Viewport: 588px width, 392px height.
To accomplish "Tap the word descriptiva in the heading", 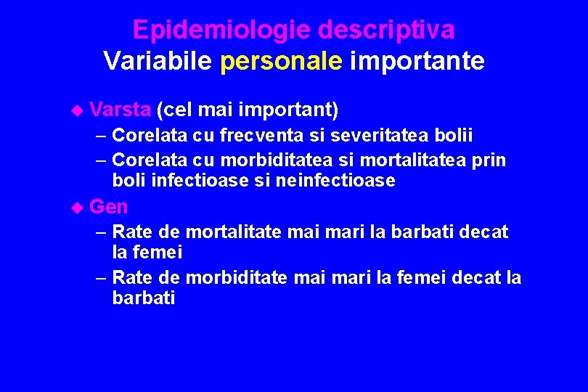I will [387, 30].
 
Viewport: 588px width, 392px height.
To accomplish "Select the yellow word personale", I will [281, 61].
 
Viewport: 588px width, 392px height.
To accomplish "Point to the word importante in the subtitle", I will [417, 61].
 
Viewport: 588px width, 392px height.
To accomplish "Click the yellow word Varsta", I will [121, 110].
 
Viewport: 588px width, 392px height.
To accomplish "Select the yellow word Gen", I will [109, 207].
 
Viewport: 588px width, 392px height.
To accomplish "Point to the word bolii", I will [456, 135].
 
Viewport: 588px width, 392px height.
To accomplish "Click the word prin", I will [489, 159].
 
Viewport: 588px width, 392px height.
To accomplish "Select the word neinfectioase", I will [335, 180].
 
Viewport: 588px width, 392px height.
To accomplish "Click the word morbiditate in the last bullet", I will [237, 277].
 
